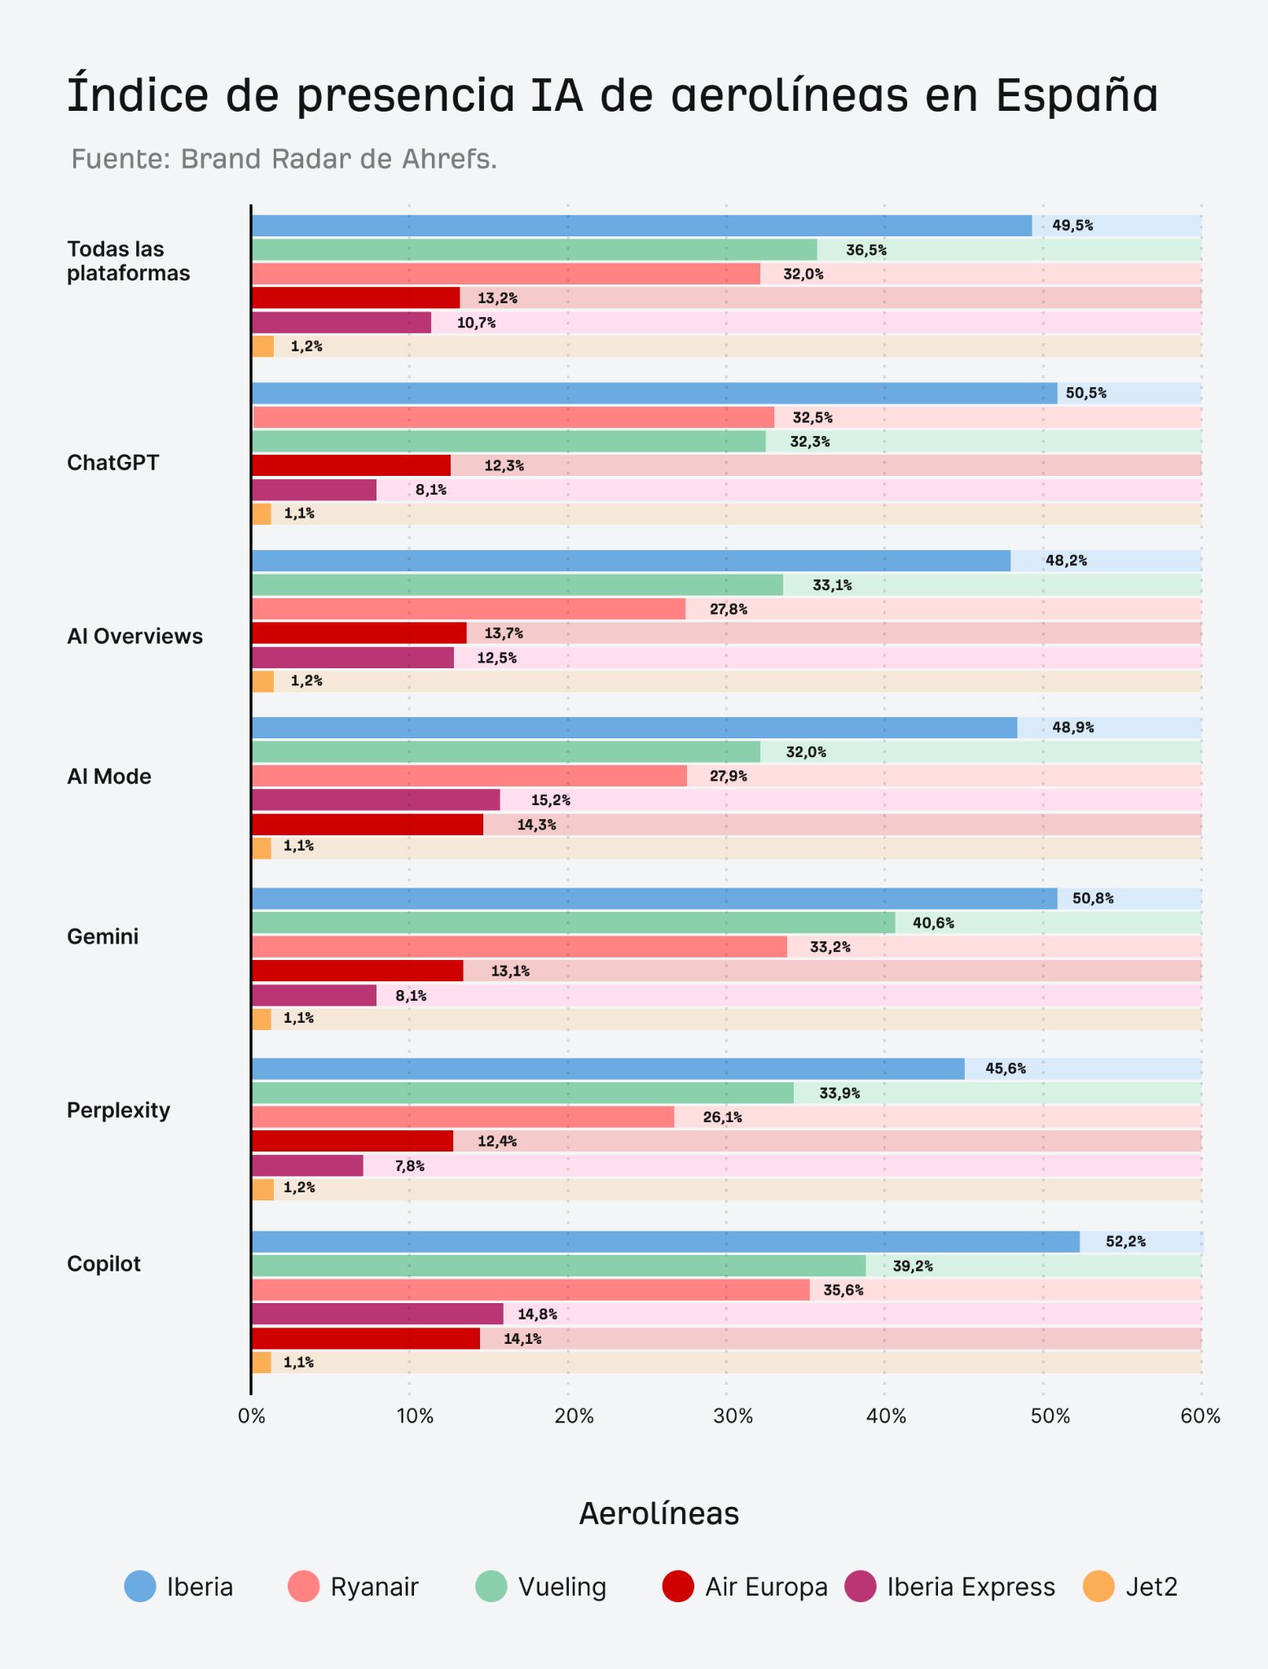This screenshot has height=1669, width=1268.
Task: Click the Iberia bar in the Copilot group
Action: click(x=666, y=1241)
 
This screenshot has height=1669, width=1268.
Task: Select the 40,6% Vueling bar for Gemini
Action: click(x=574, y=923)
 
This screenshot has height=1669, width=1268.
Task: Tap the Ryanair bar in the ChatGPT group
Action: click(x=513, y=417)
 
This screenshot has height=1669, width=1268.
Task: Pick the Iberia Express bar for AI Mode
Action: click(x=376, y=800)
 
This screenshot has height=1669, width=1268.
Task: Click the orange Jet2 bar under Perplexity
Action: click(x=262, y=1190)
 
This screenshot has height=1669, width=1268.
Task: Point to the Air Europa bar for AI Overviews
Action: click(x=359, y=633)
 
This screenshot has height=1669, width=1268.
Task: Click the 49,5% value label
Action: click(x=1072, y=226)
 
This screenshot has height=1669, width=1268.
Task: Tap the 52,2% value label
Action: click(x=1125, y=1241)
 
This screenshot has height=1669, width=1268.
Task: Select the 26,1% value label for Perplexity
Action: click(x=722, y=1117)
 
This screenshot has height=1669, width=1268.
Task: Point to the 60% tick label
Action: click(x=1200, y=1416)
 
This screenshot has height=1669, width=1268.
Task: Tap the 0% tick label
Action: click(x=252, y=1416)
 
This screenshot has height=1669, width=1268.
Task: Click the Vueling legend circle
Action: click(x=491, y=1587)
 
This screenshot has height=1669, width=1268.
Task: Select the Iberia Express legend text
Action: click(x=971, y=1588)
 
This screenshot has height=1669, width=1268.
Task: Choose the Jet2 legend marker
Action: click(x=1098, y=1587)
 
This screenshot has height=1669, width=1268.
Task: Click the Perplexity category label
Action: click(x=118, y=1111)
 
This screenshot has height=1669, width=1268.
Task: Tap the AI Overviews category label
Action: click(x=134, y=636)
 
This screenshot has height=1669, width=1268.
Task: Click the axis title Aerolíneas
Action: click(x=659, y=1513)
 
